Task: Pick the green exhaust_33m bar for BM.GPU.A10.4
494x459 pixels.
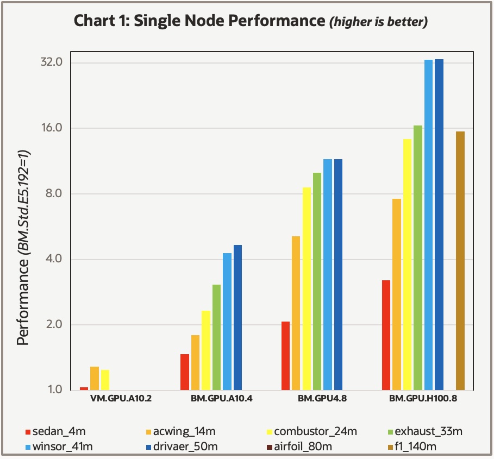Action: [x=216, y=337]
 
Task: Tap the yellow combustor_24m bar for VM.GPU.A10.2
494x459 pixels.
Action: [x=105, y=380]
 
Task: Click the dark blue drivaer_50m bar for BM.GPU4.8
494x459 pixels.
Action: [x=338, y=274]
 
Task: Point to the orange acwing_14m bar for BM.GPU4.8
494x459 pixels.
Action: [x=296, y=313]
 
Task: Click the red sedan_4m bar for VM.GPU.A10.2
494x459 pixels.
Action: [x=84, y=388]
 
